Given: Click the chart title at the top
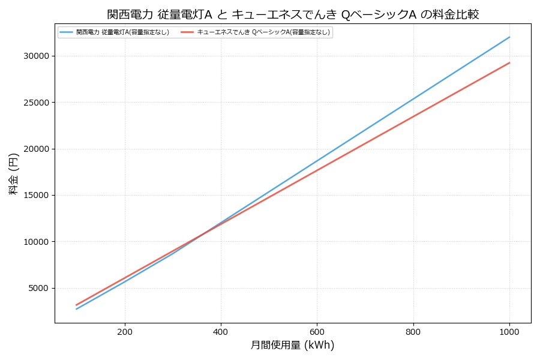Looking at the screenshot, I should point(293,14).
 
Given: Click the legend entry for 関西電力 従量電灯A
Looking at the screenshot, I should point(122,32).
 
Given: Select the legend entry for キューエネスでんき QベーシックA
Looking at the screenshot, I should point(263,32).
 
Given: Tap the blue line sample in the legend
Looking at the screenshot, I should point(67,32).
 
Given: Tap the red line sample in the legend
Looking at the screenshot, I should point(187,32).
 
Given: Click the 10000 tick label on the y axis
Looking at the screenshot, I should point(37,242).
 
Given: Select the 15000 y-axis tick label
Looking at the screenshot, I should point(37,196).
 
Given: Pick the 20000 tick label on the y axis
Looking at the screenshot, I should point(37,149).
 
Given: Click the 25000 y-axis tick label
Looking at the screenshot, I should point(37,103).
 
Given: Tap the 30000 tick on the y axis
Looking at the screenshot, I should point(37,56).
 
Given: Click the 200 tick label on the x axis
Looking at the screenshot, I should point(125,332).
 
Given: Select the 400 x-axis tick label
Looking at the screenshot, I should point(221,332).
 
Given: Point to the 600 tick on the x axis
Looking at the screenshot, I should point(317,332).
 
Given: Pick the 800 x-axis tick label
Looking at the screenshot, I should point(413,332).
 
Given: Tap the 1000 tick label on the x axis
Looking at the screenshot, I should point(509,332).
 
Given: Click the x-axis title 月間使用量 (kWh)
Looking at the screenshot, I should point(292,346).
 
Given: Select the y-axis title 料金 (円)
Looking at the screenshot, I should point(13,173).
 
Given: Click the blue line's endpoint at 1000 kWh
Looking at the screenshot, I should point(509,37).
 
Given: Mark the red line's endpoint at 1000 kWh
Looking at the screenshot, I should point(509,62).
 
